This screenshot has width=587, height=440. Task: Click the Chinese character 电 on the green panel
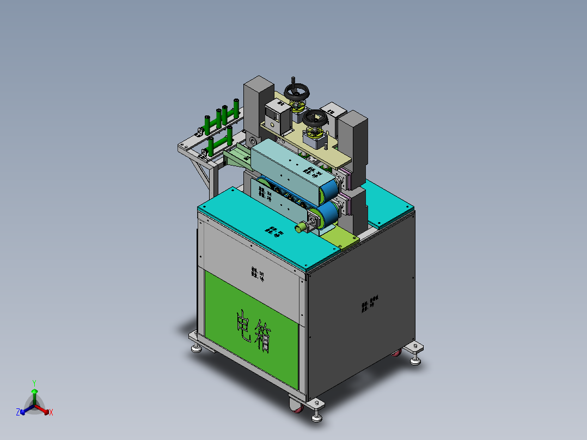pyautogui.click(x=242, y=326)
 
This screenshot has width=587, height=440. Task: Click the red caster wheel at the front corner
pyautogui.click(x=295, y=405)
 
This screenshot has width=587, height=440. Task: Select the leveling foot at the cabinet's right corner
pyautogui.click(x=417, y=358)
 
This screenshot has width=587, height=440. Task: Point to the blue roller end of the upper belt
pyautogui.click(x=329, y=191)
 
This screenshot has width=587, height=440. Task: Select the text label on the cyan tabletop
pyautogui.click(x=274, y=231)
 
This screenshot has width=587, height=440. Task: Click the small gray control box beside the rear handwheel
pyautogui.click(x=278, y=114)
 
